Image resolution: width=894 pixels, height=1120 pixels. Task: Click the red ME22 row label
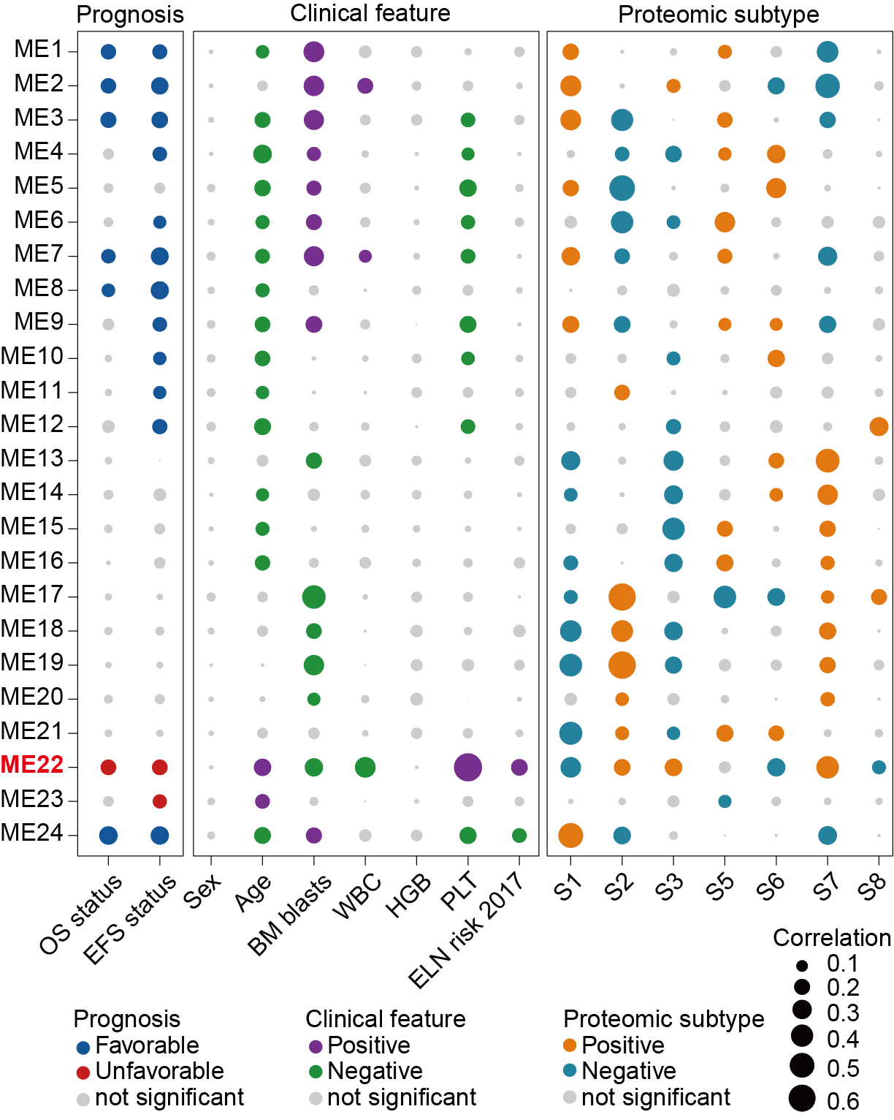(32, 765)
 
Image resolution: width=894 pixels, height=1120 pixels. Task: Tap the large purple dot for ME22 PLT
(467, 767)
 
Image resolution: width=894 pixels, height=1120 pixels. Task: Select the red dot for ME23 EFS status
(160, 801)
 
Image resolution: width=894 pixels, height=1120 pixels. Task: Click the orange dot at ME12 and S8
(879, 426)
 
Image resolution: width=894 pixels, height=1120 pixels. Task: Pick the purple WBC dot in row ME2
(365, 86)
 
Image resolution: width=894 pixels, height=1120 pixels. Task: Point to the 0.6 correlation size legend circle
(802, 1098)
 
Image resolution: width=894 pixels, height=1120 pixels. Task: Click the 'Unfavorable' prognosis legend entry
(159, 1071)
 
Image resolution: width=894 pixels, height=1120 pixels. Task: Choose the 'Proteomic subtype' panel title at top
(718, 15)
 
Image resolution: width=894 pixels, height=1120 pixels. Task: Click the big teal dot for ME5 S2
(622, 188)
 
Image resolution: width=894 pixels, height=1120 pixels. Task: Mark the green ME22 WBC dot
(365, 767)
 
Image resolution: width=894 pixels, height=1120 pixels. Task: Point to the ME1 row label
(39, 50)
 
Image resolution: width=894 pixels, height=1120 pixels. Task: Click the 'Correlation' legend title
(832, 938)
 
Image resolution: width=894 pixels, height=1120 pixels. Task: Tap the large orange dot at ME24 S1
(570, 835)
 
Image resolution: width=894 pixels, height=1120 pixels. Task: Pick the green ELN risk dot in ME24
(519, 835)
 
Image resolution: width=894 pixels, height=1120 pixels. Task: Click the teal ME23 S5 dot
(725, 801)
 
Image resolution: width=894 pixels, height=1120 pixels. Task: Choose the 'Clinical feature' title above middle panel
(370, 13)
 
